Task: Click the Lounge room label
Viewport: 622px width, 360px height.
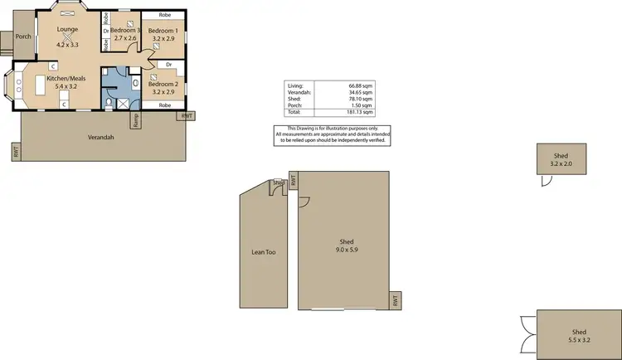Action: pos(67,30)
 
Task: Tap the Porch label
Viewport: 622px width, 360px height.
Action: pos(24,36)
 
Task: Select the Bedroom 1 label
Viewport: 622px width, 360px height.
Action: pos(164,30)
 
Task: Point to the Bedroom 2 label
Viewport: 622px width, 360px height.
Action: pos(163,84)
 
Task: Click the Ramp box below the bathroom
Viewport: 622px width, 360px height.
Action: pos(136,119)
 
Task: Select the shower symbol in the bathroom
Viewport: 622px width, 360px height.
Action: pos(123,103)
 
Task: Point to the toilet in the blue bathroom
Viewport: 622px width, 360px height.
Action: pos(109,103)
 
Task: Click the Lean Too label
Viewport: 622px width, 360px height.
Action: pos(263,250)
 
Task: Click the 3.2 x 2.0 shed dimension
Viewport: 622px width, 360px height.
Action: pos(561,163)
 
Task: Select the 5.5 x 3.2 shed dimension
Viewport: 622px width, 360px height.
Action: pos(580,341)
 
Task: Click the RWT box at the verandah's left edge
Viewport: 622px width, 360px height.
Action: pos(15,151)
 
